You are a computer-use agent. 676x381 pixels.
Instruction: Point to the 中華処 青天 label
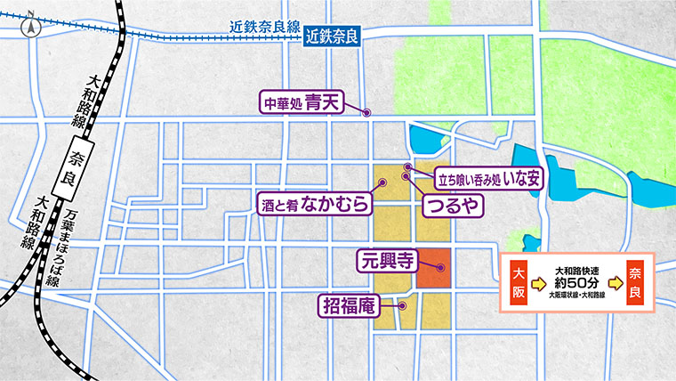tap(302, 102)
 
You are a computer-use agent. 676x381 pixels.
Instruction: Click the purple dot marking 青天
tap(366, 112)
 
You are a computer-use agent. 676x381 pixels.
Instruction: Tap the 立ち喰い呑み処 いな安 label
tap(487, 178)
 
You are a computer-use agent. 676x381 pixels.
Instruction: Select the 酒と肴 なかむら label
tap(315, 204)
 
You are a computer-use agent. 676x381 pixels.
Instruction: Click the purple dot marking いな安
tap(408, 168)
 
